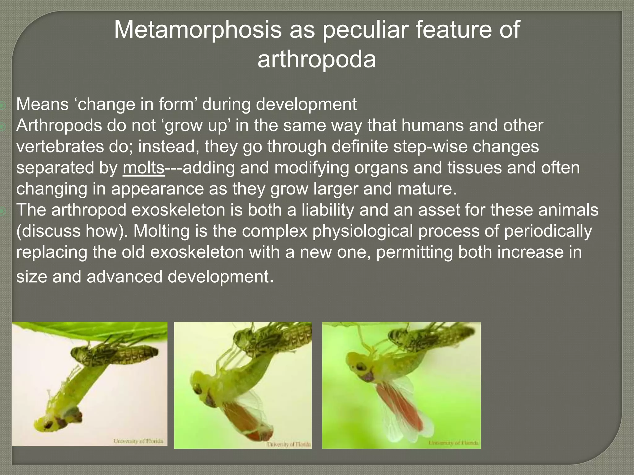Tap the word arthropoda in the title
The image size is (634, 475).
[x=316, y=59]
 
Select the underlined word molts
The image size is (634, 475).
[x=143, y=168]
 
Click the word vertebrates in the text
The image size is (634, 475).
[x=59, y=147]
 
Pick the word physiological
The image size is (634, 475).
[x=363, y=231]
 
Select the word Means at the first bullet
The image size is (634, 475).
[x=42, y=104]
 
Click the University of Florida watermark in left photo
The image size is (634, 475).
[x=138, y=441]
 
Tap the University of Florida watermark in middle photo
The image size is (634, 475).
[x=289, y=444]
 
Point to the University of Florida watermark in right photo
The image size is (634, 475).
[x=453, y=443]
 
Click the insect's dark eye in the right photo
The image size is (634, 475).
[x=360, y=367]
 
